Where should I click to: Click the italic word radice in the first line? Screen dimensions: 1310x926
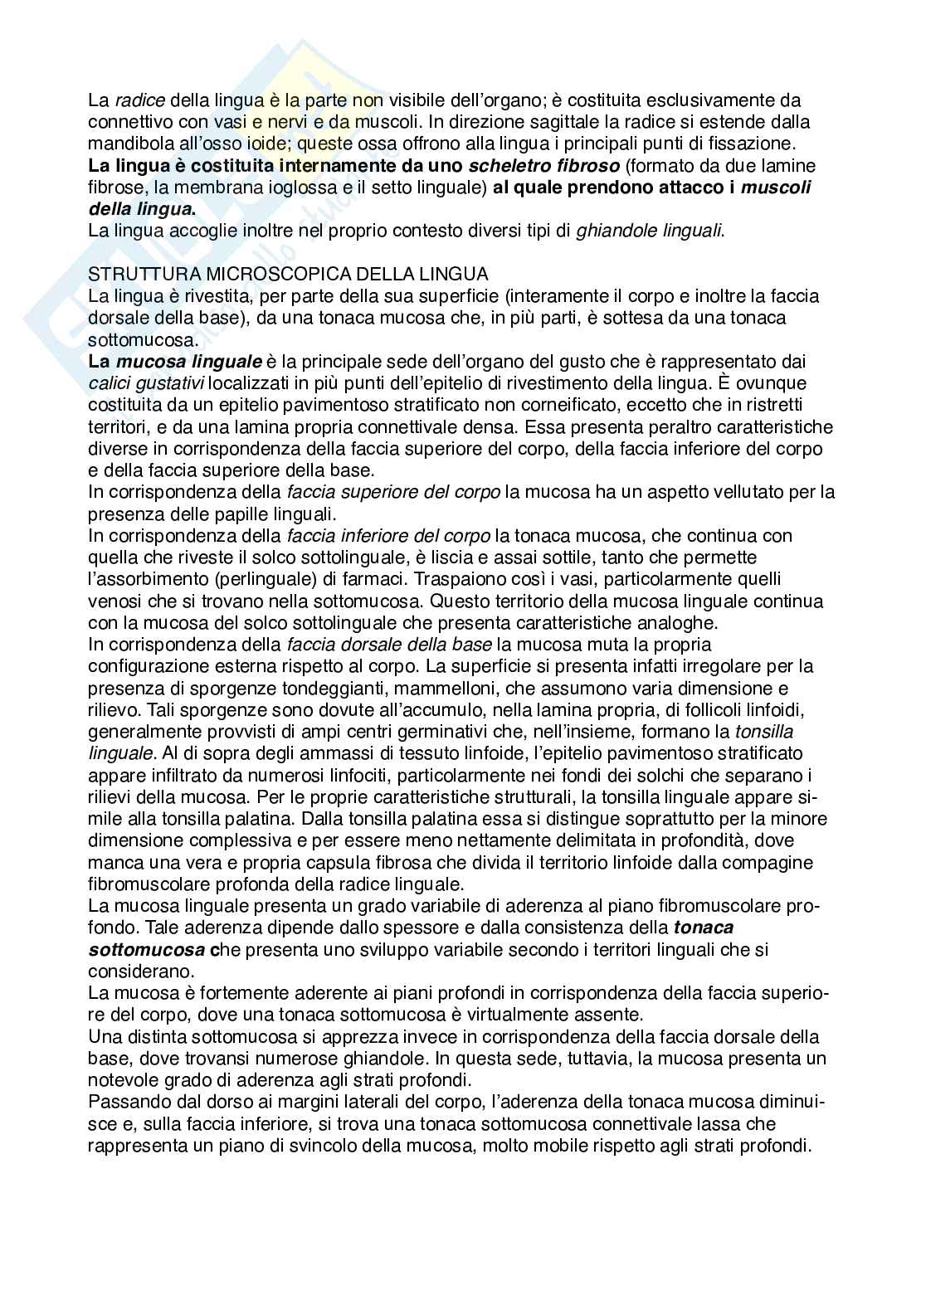pos(139,100)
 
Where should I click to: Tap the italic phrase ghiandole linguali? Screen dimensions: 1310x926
pos(651,230)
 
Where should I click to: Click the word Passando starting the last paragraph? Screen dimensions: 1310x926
pos(125,1102)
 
